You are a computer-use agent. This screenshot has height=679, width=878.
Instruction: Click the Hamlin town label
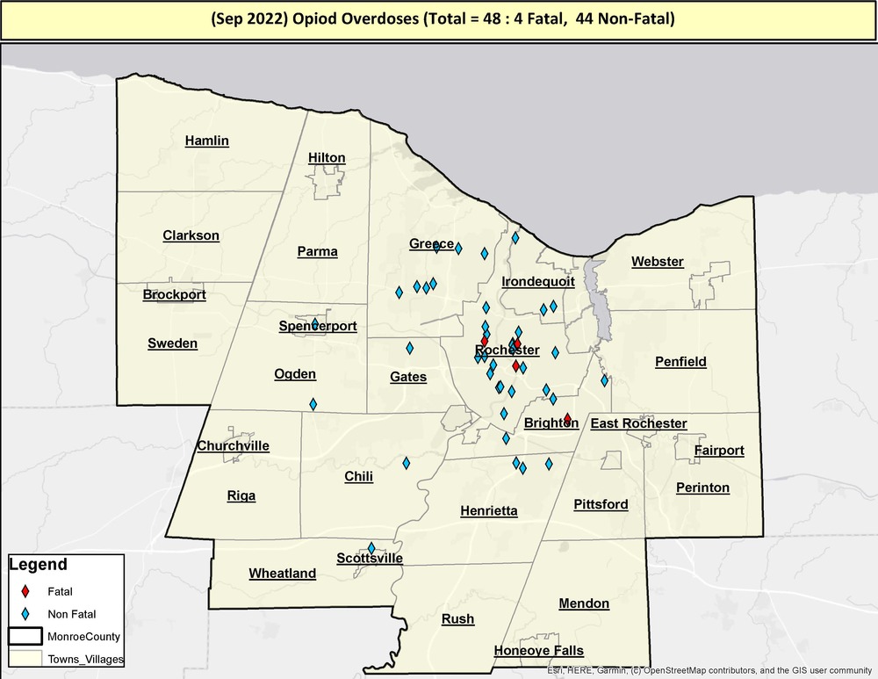click(x=207, y=141)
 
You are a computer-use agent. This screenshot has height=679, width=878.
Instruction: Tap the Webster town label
click(x=658, y=262)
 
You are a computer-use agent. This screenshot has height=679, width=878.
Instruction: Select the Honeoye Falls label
click(x=538, y=651)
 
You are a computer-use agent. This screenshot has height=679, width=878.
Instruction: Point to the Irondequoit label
click(x=538, y=282)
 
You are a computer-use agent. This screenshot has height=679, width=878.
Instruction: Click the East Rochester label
click(x=638, y=423)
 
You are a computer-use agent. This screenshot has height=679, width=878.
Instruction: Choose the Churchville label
click(x=233, y=445)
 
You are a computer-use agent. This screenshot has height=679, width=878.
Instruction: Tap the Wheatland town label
click(x=282, y=574)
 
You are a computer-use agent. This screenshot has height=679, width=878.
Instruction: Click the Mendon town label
click(x=584, y=603)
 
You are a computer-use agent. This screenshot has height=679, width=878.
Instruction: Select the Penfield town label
click(x=680, y=361)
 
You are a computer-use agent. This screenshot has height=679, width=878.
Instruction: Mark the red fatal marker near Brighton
click(x=567, y=419)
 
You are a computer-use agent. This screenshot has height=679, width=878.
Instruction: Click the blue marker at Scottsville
click(x=371, y=548)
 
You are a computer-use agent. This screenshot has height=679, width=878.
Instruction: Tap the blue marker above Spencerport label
click(x=314, y=324)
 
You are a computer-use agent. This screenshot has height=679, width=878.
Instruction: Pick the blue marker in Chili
click(x=406, y=462)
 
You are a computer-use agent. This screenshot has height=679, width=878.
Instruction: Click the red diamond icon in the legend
click(x=27, y=590)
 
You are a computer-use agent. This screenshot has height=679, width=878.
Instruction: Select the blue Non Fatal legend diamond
click(x=27, y=613)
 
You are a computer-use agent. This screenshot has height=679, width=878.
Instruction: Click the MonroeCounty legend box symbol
click(x=27, y=635)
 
